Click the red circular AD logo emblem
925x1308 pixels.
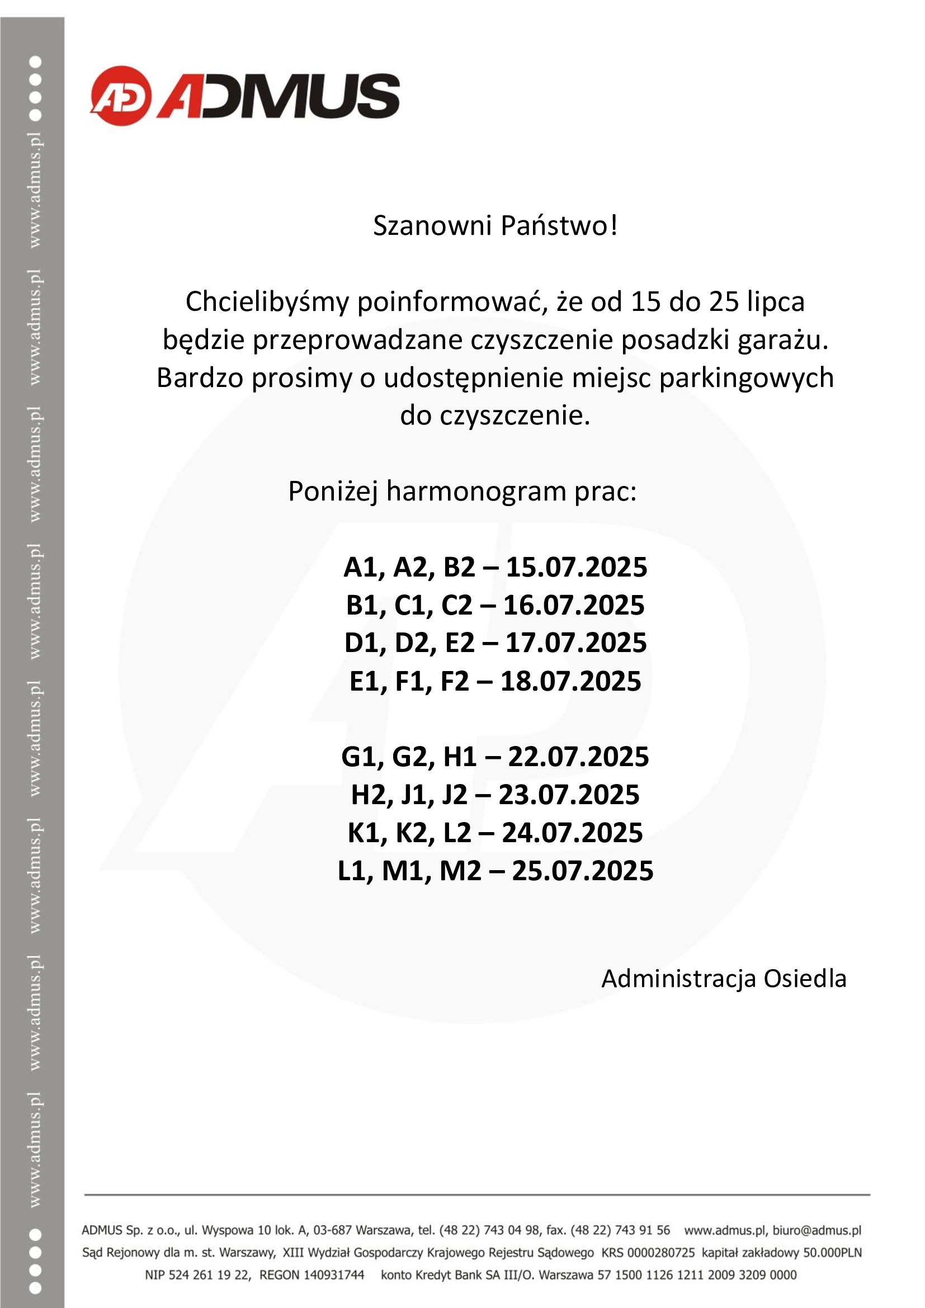[x=121, y=95]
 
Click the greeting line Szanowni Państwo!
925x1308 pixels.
[x=495, y=226]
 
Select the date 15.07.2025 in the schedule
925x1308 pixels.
[x=577, y=568]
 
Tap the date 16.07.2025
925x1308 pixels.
[x=574, y=605]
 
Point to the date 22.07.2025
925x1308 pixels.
[x=578, y=757]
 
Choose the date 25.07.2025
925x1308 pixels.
[x=582, y=871]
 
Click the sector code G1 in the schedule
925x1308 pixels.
[x=361, y=757]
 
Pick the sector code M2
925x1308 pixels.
[x=460, y=871]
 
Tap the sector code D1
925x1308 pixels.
[x=362, y=643]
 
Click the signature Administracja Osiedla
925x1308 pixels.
[x=723, y=979]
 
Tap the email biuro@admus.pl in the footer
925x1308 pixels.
[x=816, y=1230]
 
